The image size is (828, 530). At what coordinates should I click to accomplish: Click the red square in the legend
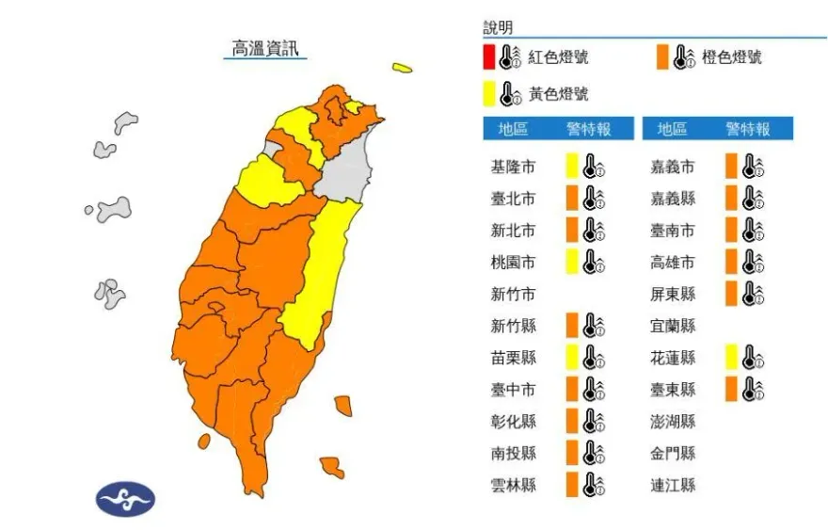tap(489, 56)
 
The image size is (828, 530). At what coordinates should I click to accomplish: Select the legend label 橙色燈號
tap(731, 57)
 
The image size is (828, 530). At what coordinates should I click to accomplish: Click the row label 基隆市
tap(513, 168)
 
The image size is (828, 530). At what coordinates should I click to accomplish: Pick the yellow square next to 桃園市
tap(571, 262)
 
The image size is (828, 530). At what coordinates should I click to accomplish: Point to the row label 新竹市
tap(513, 294)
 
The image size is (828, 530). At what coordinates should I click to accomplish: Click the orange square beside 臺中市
tap(571, 389)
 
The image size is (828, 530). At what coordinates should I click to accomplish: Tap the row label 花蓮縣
tap(673, 358)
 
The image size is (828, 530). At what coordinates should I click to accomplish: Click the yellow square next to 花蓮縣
tap(730, 357)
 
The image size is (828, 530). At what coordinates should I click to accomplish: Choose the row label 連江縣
tap(673, 485)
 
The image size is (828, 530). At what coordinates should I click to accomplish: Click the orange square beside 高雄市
tap(730, 262)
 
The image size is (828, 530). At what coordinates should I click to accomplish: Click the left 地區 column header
tap(513, 129)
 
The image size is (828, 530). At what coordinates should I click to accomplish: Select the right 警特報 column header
tap(748, 129)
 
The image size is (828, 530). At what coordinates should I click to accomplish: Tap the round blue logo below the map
tap(125, 498)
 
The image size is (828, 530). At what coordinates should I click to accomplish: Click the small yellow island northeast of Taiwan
tap(402, 68)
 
